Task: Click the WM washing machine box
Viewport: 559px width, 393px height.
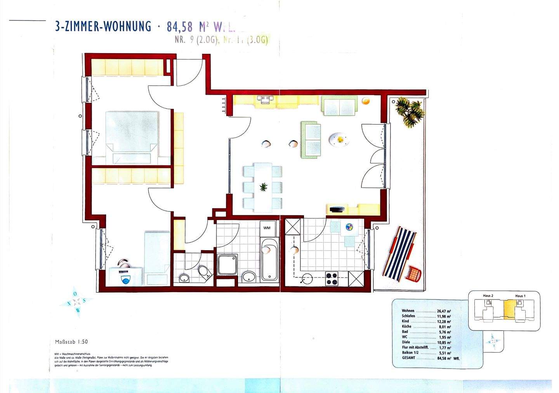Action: (x=267, y=228)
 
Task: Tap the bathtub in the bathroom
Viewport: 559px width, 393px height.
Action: (x=269, y=260)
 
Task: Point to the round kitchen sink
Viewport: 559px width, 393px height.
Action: (x=308, y=279)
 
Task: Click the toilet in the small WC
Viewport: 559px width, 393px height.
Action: (x=204, y=272)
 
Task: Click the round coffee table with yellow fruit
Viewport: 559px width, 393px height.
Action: (x=339, y=139)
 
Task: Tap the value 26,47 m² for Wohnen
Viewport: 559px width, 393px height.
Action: (x=444, y=311)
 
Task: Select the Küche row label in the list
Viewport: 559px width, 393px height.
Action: (x=407, y=327)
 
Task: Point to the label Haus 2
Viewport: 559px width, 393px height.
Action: (x=488, y=296)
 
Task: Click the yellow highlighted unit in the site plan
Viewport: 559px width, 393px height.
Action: (x=509, y=310)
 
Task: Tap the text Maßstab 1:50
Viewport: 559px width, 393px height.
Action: (x=71, y=342)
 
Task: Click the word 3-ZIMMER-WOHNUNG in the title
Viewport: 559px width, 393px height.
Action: (x=103, y=26)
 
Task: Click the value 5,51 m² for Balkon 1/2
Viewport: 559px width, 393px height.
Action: (x=444, y=353)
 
